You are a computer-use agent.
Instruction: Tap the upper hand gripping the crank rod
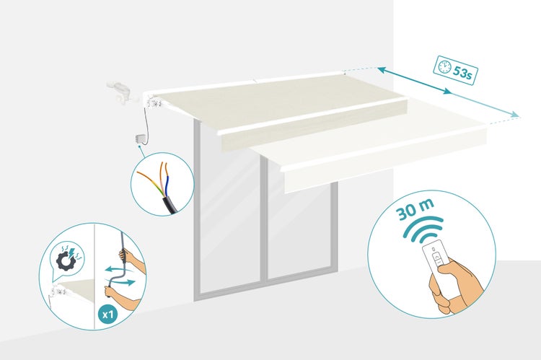133,260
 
